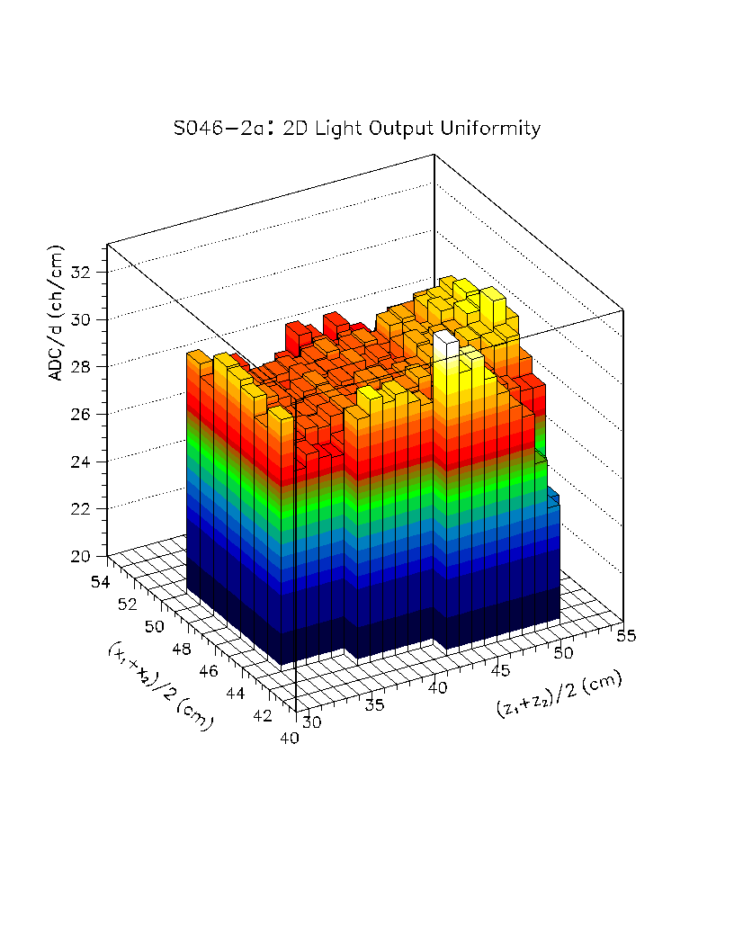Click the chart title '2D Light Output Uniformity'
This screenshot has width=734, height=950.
pos(412,129)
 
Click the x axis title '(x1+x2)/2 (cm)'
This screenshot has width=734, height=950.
pos(158,686)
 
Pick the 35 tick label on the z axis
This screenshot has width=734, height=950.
pos(374,704)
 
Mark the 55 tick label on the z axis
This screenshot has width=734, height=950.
pos(626,635)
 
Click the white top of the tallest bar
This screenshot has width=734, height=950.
pos(445,340)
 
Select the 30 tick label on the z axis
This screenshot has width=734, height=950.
pos(311,721)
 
